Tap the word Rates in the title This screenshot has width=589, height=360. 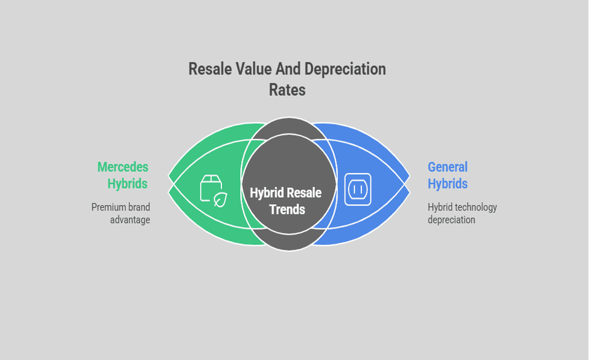287,90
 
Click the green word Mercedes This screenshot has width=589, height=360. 123,167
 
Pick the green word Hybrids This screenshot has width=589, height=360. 127,184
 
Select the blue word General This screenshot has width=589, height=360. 448,167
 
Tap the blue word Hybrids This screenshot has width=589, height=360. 448,184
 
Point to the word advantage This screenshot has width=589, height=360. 130,220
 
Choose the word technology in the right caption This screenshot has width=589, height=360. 477,208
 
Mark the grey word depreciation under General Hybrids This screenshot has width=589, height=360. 451,220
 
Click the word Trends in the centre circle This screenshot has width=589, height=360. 287,210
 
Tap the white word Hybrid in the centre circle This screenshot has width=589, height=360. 267,193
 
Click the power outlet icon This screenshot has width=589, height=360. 357,189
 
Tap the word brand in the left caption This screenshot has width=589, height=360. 139,208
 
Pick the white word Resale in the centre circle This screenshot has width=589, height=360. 304,193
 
